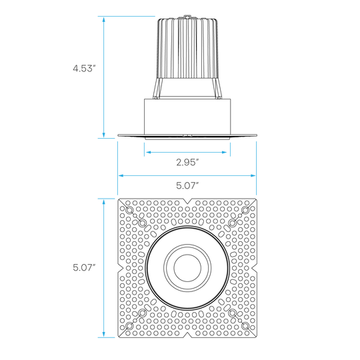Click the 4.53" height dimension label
coord(84,69)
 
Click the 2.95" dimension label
coord(187,162)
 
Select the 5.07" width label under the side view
coord(187,185)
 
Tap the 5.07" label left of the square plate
coord(84,267)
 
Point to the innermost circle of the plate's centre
coord(187,268)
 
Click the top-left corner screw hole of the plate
coord(130,210)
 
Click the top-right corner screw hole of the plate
coord(245,210)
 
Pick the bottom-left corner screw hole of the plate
coord(130,325)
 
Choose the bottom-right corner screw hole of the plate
coord(245,325)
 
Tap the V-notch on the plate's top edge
coord(187,201)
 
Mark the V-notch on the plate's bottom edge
coord(187,335)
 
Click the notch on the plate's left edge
coord(121,268)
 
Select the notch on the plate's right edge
coord(254,268)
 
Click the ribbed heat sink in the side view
coord(188,49)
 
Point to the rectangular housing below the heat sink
coord(187,117)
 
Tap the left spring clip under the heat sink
coord(158,89)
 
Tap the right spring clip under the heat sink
coord(217,89)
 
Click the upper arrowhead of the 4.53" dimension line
coord(104,20)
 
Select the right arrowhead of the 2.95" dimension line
coord(224,152)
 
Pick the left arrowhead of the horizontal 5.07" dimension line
coord(121,175)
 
